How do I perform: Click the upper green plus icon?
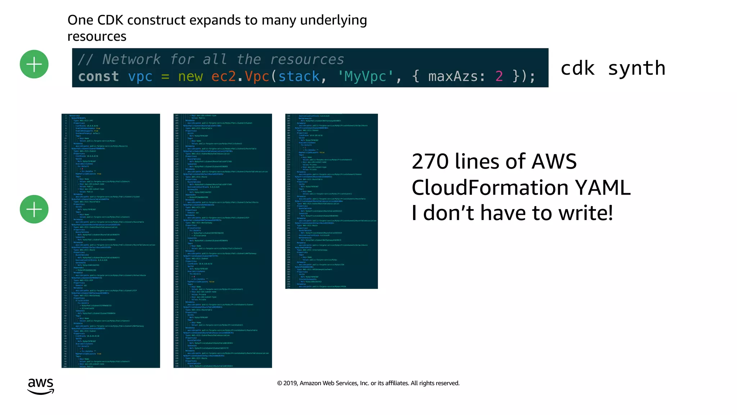pyautogui.click(x=34, y=64)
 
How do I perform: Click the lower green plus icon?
pyautogui.click(x=34, y=209)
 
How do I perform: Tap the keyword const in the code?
pyautogui.click(x=98, y=76)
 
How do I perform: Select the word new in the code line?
pyautogui.click(x=190, y=76)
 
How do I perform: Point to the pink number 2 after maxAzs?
pyautogui.click(x=499, y=76)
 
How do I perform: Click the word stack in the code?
pyautogui.click(x=299, y=76)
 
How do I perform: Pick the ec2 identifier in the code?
pyautogui.click(x=223, y=76)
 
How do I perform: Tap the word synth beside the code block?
pyautogui.click(x=636, y=68)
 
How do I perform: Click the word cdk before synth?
pyautogui.click(x=578, y=68)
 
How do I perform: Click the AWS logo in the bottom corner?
pyautogui.click(x=41, y=386)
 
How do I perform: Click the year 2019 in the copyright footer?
pyautogui.click(x=290, y=383)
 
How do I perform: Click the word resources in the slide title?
pyautogui.click(x=97, y=36)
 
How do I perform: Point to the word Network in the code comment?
pyautogui.click(x=131, y=59)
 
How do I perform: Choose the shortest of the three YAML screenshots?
pyautogui.click(x=331, y=201)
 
